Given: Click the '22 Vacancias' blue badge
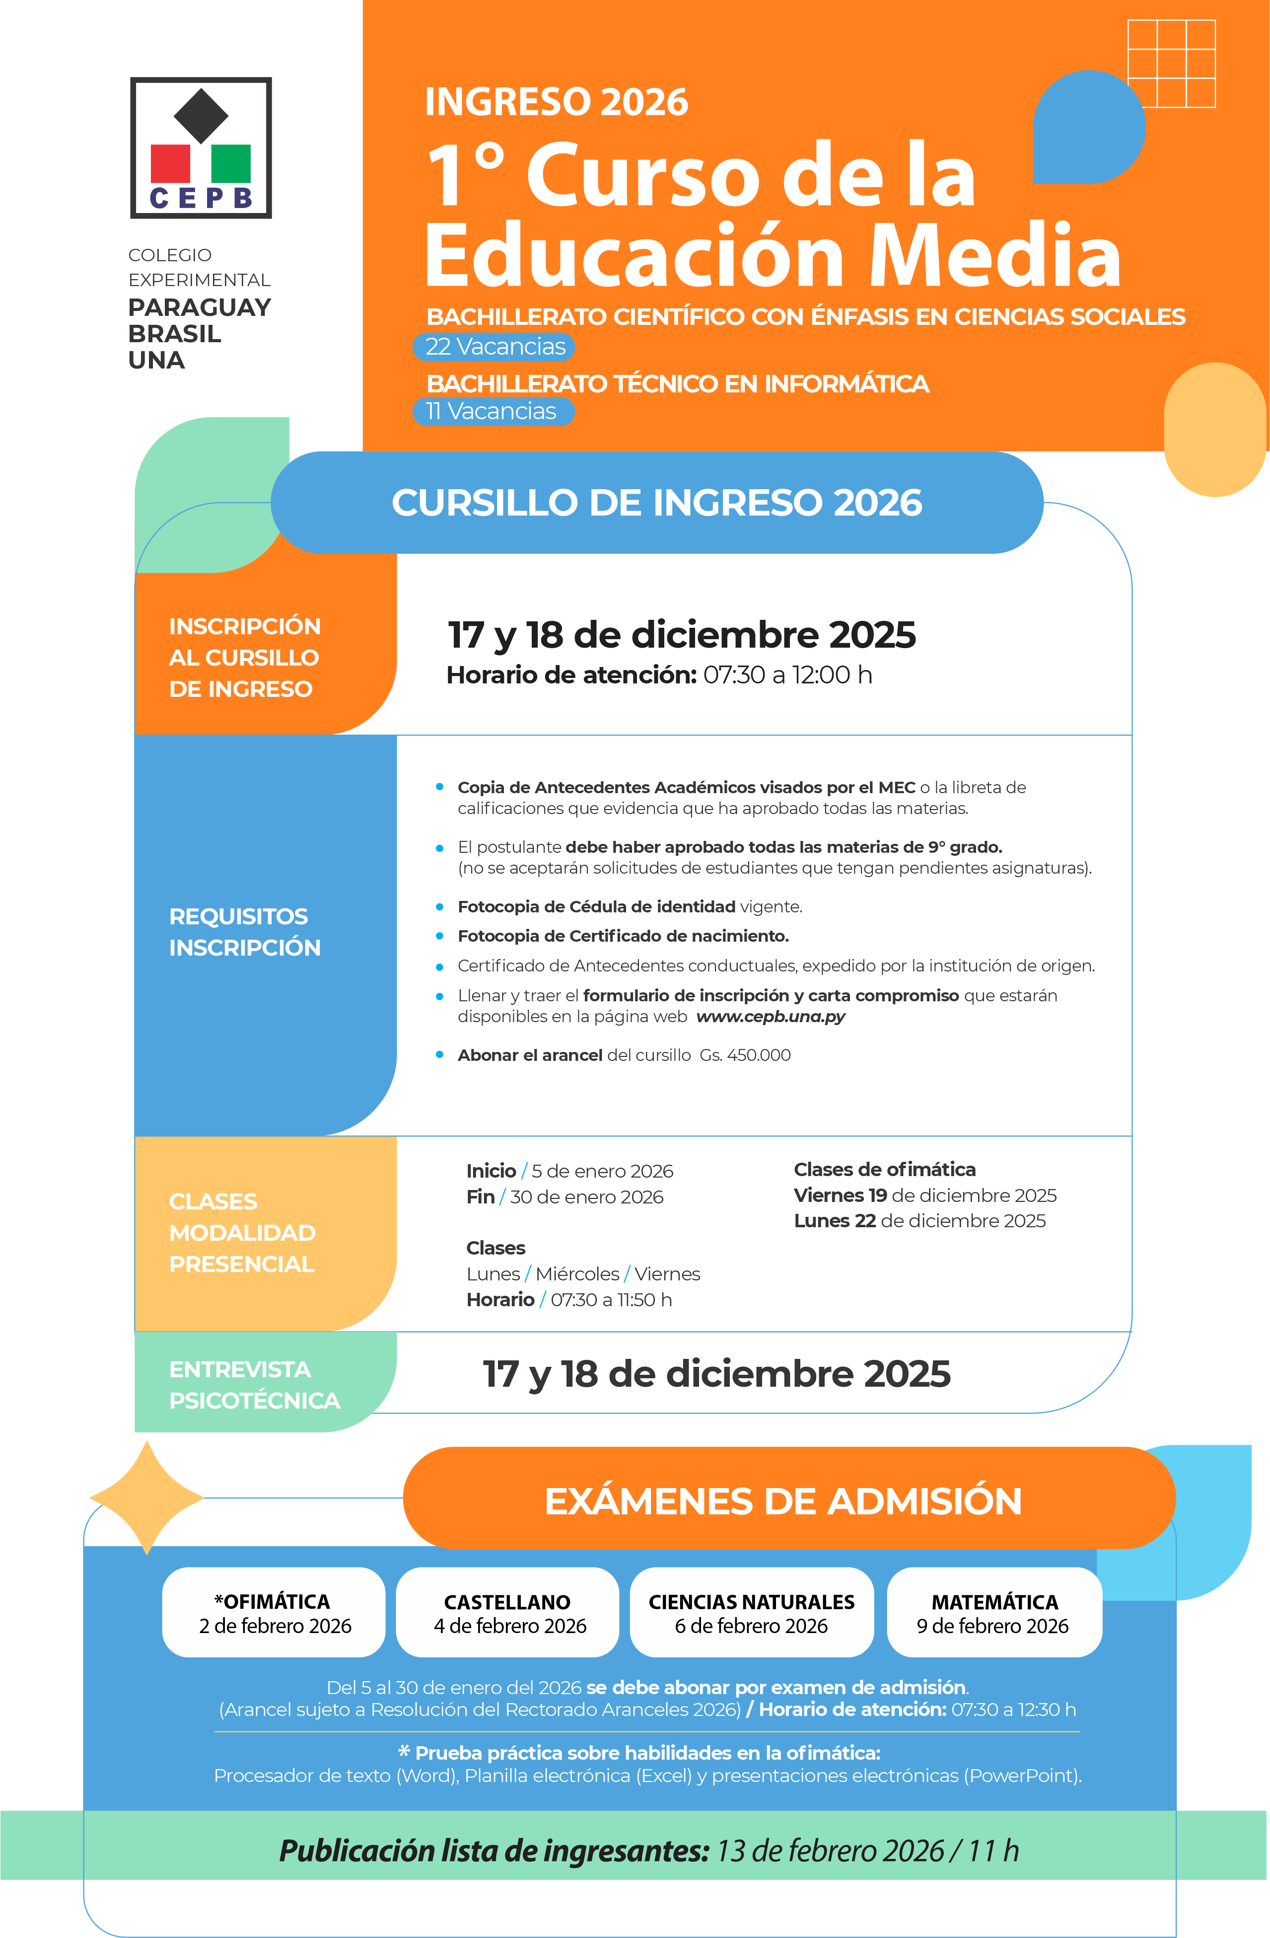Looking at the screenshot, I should (494, 347).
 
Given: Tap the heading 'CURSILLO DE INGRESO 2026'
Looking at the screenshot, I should (656, 503).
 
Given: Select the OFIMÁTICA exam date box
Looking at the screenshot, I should (274, 1613).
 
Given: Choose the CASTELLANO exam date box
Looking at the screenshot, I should (508, 1613).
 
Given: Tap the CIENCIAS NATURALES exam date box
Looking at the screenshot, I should (751, 1613).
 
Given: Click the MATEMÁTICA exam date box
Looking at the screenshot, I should (994, 1613).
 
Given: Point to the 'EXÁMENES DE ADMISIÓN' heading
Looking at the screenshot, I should (783, 1501).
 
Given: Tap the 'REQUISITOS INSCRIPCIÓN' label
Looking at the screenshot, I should (244, 932).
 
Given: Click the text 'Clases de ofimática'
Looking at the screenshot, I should (884, 1169).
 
